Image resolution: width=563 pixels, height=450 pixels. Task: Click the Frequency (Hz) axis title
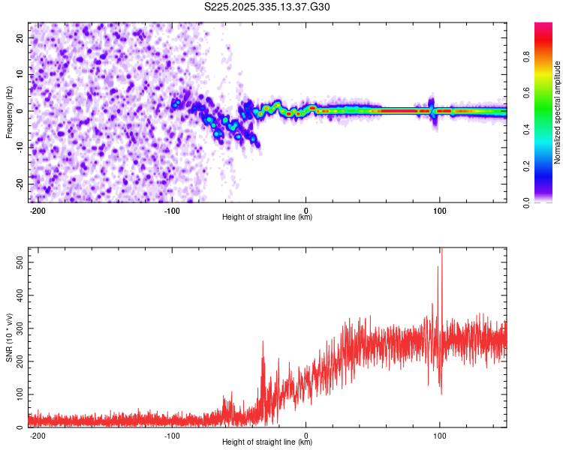point(9,112)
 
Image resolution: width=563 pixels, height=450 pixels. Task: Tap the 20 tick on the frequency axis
point(20,37)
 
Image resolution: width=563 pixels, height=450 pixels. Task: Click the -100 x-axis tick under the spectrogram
point(172,210)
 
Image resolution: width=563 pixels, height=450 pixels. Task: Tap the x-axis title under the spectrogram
point(267,217)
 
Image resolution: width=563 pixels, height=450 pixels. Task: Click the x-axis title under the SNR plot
point(267,442)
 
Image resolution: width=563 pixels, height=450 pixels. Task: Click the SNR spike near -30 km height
point(263,343)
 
